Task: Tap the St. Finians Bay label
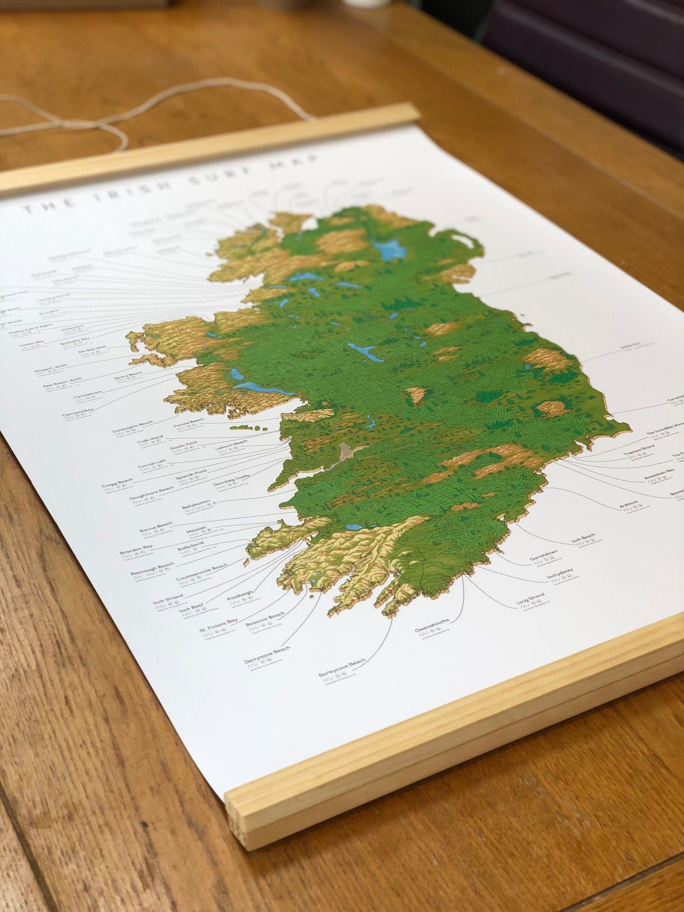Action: tap(218, 627)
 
